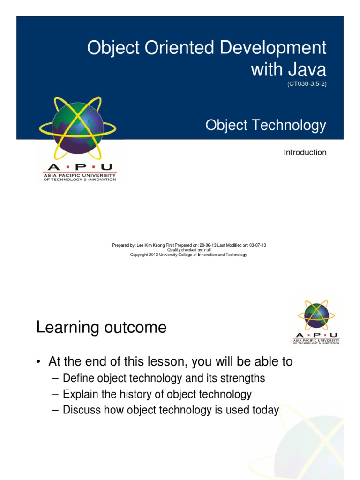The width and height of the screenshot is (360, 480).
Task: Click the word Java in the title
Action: pos(307,69)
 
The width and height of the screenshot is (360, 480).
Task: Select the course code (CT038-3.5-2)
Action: pos(307,84)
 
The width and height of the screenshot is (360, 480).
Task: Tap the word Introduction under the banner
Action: pos(305,152)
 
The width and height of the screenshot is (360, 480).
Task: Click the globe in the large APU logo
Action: pos(78,128)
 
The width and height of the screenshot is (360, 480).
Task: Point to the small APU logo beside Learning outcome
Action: pos(316,322)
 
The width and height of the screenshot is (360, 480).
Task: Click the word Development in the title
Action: pos(273,48)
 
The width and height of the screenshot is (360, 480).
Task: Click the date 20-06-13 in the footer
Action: pos(208,245)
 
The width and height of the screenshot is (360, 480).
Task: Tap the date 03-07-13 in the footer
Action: pos(257,245)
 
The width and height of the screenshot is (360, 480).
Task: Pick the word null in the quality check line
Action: pos(207,250)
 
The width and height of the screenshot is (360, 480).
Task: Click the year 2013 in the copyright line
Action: pos(153,255)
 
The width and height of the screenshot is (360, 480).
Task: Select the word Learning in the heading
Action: pos(67,328)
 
